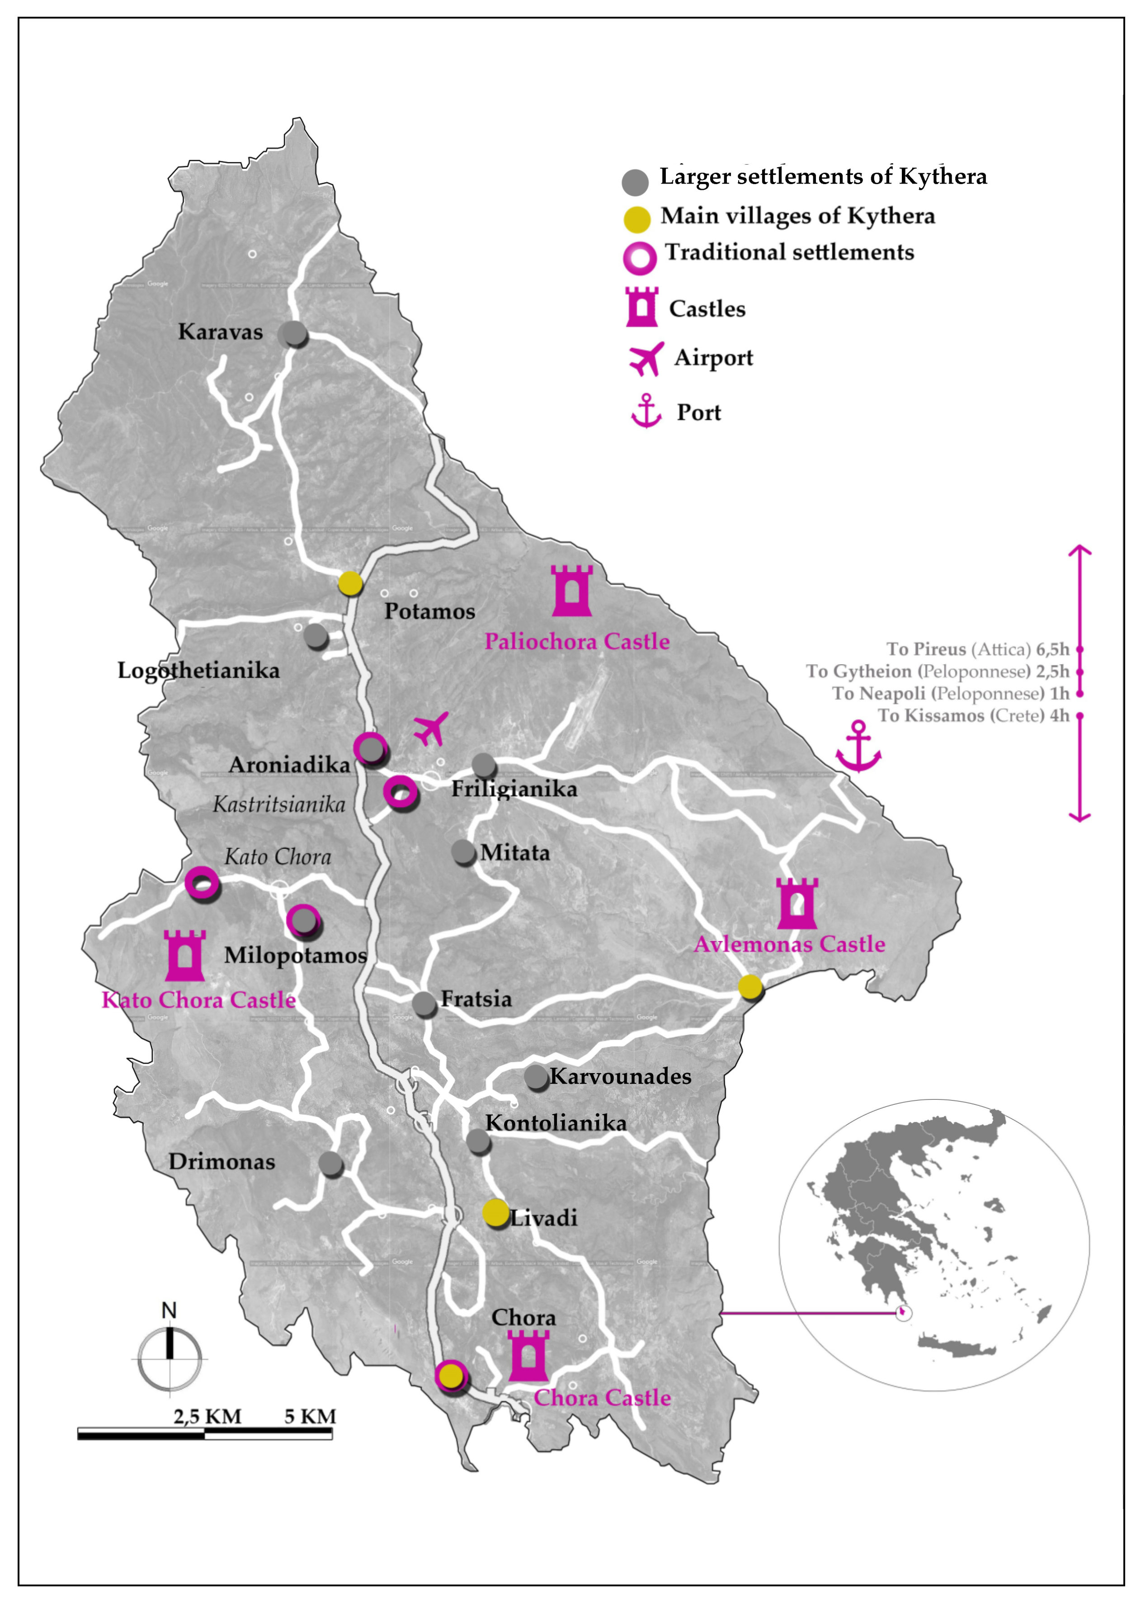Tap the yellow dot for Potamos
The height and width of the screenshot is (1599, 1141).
pyautogui.click(x=350, y=583)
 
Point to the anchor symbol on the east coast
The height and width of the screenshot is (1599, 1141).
pyautogui.click(x=858, y=747)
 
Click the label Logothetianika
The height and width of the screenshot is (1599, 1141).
pyautogui.click(x=198, y=671)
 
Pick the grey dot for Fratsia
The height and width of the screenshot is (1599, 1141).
pyautogui.click(x=424, y=1004)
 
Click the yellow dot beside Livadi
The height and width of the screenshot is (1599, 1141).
pyautogui.click(x=495, y=1213)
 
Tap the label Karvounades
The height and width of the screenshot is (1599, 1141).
pyautogui.click(x=620, y=1077)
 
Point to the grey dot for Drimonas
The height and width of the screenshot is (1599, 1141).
pyautogui.click(x=330, y=1164)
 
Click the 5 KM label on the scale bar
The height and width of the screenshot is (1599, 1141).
pyautogui.click(x=310, y=1416)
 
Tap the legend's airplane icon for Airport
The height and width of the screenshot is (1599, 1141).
pyautogui.click(x=646, y=359)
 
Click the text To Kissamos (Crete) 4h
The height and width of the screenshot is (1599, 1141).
pyautogui.click(x=973, y=715)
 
